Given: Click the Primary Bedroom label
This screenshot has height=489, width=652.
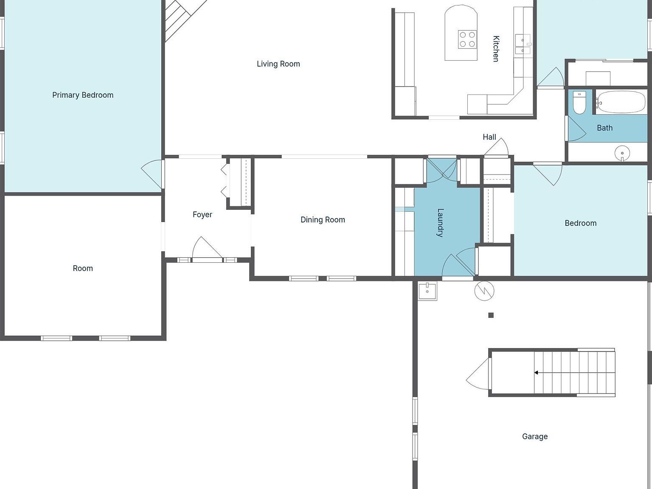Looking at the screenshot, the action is (x=83, y=95).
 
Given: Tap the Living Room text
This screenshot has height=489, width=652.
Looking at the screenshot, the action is (x=278, y=64).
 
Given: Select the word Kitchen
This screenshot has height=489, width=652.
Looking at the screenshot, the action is (x=496, y=49).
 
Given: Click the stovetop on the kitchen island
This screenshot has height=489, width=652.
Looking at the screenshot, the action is (x=467, y=39).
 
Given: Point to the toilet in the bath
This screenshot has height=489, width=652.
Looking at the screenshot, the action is (x=579, y=102).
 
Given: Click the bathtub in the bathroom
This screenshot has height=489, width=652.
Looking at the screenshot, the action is (x=621, y=102).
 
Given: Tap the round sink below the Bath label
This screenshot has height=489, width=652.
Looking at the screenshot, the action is (x=622, y=153).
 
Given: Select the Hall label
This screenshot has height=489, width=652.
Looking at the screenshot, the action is (x=489, y=137).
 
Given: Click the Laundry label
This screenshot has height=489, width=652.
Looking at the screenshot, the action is (x=440, y=223).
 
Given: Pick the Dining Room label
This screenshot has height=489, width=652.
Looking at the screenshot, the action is (x=323, y=220).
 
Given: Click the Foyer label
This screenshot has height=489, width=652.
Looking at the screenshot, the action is (x=202, y=215).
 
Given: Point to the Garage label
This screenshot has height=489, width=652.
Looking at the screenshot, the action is (x=535, y=436).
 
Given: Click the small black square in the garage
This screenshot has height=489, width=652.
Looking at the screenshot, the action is (x=491, y=315).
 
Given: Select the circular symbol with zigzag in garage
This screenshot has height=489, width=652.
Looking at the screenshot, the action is (x=484, y=291).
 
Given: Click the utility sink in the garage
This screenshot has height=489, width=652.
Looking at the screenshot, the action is (x=427, y=291).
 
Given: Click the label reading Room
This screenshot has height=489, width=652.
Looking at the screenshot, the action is (x=83, y=268).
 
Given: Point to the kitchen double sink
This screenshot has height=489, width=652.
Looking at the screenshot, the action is (x=523, y=44).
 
